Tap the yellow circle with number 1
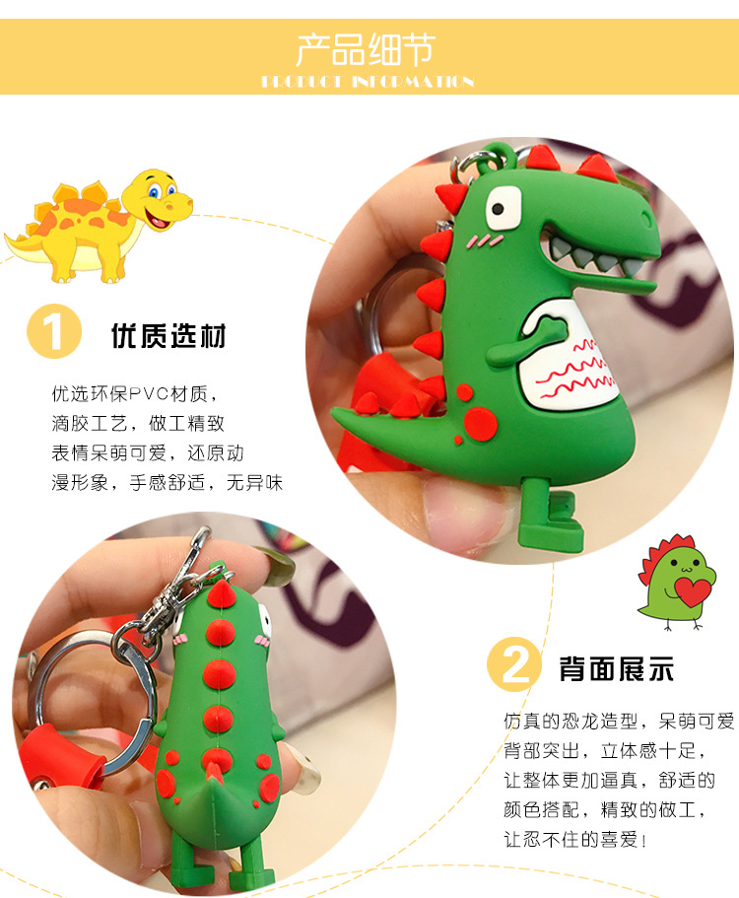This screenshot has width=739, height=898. (52, 332)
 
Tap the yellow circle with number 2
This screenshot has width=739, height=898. (513, 666)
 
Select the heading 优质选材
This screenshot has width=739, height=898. (168, 336)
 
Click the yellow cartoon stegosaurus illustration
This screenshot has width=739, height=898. (99, 224)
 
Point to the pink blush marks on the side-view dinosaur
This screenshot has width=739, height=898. (481, 240)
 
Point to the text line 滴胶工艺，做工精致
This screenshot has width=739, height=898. (139, 424)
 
